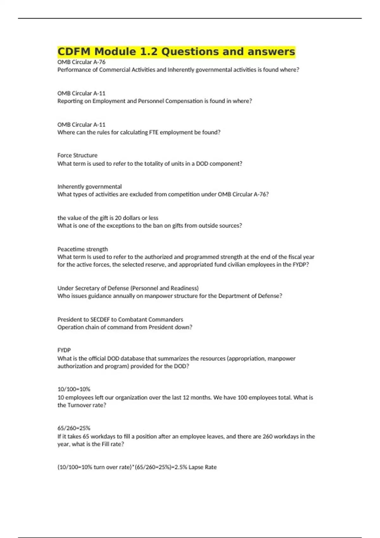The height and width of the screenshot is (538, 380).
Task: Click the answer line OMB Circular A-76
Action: coord(81,62)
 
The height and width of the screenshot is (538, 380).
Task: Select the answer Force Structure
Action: coord(77,155)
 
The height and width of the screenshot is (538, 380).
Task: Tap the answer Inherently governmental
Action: coord(89,187)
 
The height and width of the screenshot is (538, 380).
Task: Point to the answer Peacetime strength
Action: coord(83,249)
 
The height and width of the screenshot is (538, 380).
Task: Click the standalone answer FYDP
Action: coord(64,350)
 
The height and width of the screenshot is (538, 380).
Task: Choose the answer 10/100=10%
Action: coord(74,389)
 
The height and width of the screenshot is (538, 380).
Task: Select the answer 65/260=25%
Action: coord(74,428)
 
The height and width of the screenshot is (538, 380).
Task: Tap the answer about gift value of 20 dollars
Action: coord(108,218)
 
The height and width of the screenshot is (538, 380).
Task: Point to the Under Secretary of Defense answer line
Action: coord(128,288)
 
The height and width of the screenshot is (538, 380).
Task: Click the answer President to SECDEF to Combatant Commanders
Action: coord(120,319)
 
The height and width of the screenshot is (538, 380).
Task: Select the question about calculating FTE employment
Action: coord(139,132)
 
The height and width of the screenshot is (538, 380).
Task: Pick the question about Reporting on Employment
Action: coord(155,101)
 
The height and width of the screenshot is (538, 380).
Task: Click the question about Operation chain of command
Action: coord(125,327)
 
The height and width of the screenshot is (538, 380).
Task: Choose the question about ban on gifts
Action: coord(149,226)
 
